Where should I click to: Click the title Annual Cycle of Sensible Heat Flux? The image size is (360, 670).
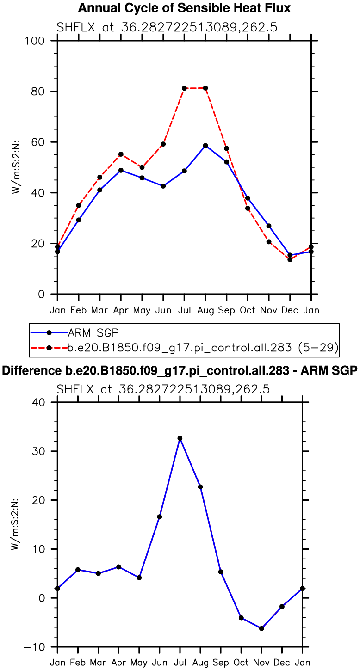tap(184, 8)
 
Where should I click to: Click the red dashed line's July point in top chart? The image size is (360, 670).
tap(184, 88)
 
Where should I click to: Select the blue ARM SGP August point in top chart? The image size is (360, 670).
tap(205, 146)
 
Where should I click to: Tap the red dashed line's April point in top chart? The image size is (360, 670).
tap(121, 154)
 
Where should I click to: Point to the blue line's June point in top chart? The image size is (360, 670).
tap(163, 186)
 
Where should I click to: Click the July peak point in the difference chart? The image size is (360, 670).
tap(180, 438)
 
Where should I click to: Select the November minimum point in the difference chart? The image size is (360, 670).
tap(261, 628)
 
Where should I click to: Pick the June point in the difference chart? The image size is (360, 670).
tap(159, 516)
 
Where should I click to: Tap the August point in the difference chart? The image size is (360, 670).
tap(200, 487)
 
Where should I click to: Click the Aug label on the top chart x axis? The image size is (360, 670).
tap(205, 309)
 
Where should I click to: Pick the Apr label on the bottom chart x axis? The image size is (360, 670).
tap(118, 662)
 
